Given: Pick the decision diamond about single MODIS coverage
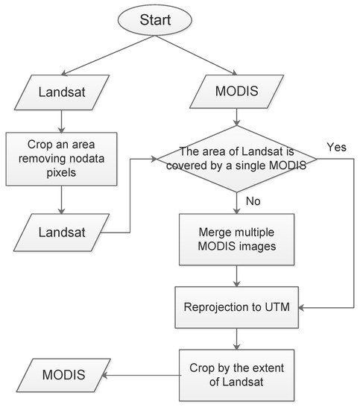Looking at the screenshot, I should pos(237,158).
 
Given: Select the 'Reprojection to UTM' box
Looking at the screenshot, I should pos(237,306).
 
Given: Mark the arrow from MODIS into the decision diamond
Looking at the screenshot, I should pos(237,120).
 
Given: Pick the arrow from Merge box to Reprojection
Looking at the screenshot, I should pos(237,277).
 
